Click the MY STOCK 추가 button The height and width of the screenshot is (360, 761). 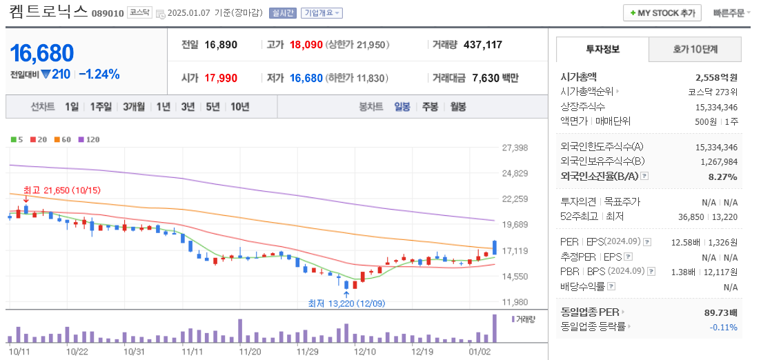coord(662,13)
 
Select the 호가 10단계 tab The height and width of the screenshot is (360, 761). coord(695,50)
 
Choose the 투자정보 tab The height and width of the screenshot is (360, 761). coord(602,50)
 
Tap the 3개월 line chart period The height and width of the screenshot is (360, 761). coord(134,107)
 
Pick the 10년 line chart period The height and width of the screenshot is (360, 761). coord(240,107)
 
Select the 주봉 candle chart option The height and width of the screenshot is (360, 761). coord(430,107)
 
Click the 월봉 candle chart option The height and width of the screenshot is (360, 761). coord(457,107)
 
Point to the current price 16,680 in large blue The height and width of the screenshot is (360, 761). coord(42,53)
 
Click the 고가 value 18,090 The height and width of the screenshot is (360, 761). coord(306,45)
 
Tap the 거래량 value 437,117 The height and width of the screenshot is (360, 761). coord(483,45)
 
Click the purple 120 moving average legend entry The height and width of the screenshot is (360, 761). coord(89,139)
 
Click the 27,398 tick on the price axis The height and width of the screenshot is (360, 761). coord(515,148)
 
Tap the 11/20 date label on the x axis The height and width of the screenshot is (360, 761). coord(250,351)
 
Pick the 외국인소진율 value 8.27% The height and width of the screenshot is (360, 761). coord(723,177)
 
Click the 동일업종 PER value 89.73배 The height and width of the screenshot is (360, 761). coord(720,312)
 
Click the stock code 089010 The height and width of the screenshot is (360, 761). coord(107,13)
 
